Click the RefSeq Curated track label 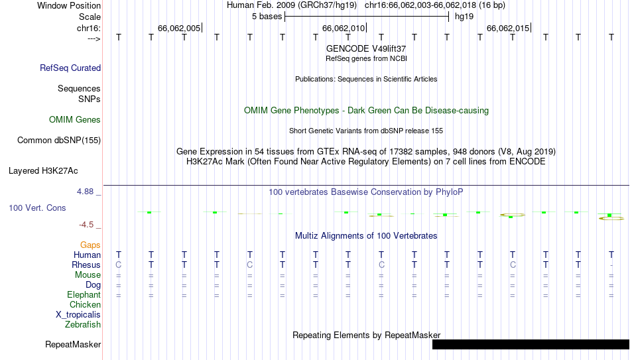point(70,68)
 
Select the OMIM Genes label point(75,120)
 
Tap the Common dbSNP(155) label point(59,141)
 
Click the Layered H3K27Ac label point(43,171)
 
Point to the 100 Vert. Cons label point(37,208)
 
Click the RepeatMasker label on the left point(73,344)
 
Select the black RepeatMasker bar point(531,344)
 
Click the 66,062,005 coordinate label point(179,28)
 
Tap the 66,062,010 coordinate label point(344,28)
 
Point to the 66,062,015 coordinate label point(508,28)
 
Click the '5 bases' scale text point(267,17)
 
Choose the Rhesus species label point(86,265)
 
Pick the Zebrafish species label point(83,324)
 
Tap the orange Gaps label point(90,245)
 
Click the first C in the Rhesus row point(119,265)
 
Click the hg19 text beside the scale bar point(464,17)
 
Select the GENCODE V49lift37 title point(366,48)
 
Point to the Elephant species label point(84,295)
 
